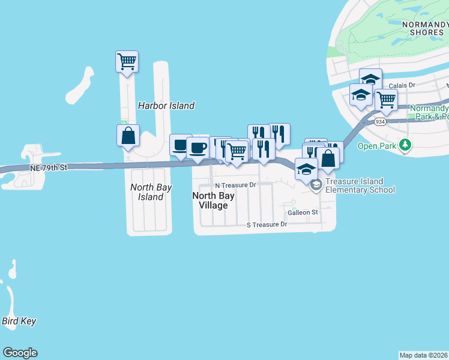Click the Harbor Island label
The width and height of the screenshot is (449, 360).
click(x=166, y=106)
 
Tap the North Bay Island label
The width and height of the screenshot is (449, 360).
click(x=151, y=192)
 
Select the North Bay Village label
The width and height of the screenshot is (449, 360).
click(x=210, y=200)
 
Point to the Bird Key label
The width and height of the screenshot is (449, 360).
click(x=19, y=321)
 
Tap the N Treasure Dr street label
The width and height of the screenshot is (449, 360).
click(x=236, y=185)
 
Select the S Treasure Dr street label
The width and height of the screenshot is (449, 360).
click(x=268, y=224)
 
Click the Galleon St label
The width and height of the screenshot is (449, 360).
click(x=303, y=212)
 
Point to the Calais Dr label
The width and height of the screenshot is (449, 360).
click(x=402, y=86)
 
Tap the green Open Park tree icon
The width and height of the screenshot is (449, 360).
click(x=406, y=145)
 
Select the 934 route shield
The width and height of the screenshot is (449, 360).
click(x=380, y=122)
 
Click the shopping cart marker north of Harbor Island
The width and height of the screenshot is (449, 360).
click(x=127, y=61)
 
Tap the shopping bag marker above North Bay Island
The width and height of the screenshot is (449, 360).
click(x=128, y=135)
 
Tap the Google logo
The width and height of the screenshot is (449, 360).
click(x=20, y=353)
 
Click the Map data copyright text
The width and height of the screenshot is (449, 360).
click(x=424, y=355)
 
